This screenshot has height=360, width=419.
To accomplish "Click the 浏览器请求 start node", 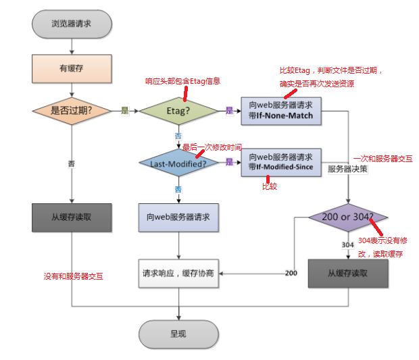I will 71,24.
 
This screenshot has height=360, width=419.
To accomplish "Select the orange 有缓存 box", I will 71,68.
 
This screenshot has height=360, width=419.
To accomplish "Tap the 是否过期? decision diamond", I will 71,110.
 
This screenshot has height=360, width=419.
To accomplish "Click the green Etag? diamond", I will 178,110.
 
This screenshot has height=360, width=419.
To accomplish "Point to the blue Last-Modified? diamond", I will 178,162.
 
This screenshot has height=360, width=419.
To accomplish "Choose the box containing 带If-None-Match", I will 280,110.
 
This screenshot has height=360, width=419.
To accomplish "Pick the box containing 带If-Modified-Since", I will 280,162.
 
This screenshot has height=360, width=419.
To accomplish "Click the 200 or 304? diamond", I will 348,217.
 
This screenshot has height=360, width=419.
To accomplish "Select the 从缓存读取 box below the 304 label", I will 348,274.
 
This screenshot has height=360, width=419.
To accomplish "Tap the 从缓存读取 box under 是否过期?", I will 71,217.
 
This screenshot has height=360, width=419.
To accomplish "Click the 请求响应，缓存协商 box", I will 178,274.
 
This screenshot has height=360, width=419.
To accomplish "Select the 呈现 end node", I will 178,334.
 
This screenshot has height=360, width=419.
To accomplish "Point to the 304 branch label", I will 348,245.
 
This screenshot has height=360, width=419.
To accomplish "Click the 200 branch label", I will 291,274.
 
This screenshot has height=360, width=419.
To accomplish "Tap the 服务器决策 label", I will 347,170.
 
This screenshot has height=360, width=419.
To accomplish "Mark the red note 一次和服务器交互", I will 383,159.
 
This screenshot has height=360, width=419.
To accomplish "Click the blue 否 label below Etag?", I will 178,136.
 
